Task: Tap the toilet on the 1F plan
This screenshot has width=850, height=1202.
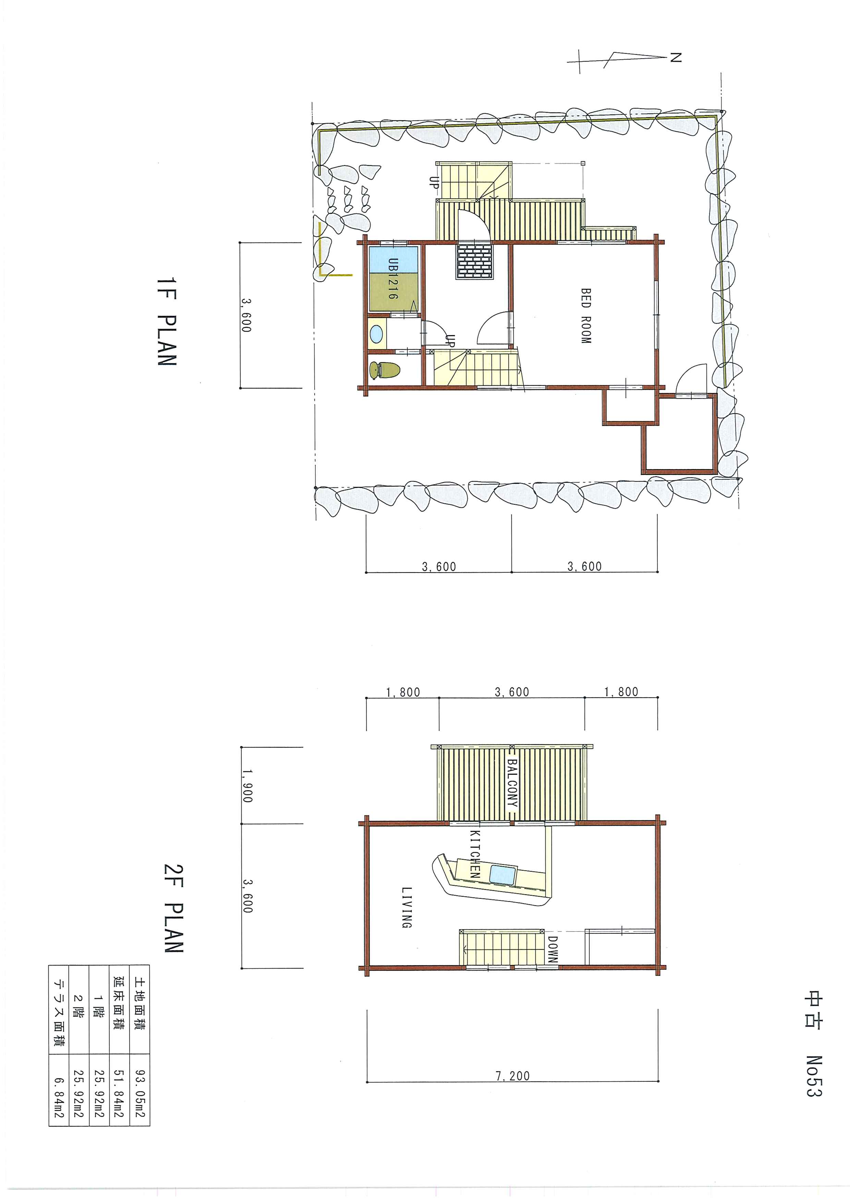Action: click(384, 371)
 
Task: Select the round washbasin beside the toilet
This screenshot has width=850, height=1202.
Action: click(376, 333)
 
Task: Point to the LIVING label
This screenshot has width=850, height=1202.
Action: click(406, 907)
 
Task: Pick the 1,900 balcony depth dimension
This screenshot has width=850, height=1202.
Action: click(247, 786)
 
